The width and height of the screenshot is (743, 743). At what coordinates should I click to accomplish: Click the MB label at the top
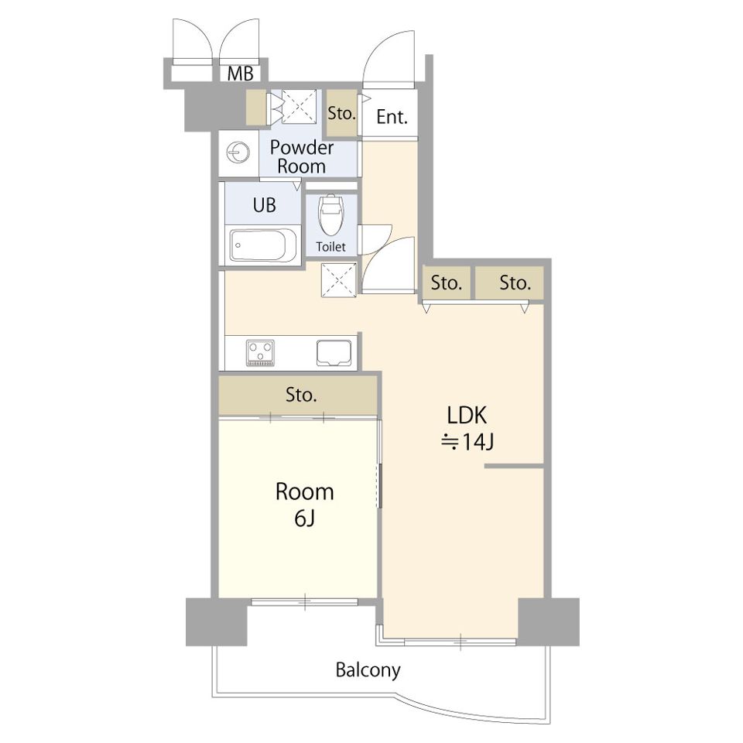coord(240,74)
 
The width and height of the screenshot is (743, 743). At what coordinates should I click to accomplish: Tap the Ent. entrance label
coord(392,117)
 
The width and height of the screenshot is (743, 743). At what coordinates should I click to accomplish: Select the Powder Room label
coord(301,157)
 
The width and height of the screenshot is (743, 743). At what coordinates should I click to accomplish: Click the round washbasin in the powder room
coord(238,152)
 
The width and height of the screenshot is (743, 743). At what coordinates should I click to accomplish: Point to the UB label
coord(264,205)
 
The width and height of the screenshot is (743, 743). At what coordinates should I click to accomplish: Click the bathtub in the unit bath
coord(263,245)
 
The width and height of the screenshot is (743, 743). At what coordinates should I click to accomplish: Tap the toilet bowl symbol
coord(330,214)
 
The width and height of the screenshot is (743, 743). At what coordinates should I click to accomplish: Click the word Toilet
coord(330,247)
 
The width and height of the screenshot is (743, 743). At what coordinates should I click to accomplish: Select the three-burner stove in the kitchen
coord(260,353)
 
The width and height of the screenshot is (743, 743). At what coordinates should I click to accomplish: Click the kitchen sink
coord(334,353)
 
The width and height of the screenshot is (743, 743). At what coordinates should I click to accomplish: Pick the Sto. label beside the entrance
coord(341,114)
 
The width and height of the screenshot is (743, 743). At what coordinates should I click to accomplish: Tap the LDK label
coord(467,416)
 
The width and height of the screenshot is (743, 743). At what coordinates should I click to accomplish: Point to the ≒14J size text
coord(467,443)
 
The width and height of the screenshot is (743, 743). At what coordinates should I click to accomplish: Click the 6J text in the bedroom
coord(305,519)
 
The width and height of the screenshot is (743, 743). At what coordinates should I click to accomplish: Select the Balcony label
coord(368,670)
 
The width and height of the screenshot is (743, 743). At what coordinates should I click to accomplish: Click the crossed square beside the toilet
coord(339,280)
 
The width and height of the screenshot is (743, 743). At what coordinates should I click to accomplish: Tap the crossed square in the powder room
coord(299,107)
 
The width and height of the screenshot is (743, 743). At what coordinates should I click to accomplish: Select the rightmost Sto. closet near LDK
coord(509,283)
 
